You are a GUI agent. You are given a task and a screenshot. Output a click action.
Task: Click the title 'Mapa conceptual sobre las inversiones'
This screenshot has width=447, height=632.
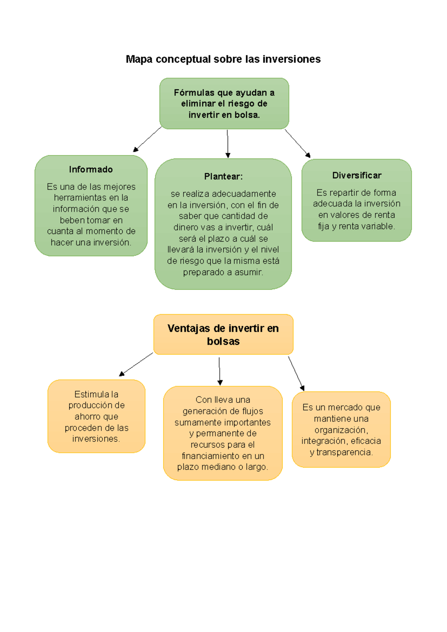[223, 59]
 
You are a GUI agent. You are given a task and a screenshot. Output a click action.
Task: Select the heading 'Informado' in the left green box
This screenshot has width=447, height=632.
[91, 170]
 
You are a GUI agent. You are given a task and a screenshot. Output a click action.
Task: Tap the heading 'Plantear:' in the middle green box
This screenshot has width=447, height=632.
[223, 177]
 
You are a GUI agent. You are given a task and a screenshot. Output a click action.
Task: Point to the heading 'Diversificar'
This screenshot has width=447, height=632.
[357, 176]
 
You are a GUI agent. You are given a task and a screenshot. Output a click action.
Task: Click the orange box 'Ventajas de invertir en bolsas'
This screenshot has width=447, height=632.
[223, 334]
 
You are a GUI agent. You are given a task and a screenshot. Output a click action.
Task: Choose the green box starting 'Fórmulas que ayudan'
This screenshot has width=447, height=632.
[224, 104]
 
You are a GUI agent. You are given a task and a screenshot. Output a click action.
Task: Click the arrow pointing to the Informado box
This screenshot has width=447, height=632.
[148, 139]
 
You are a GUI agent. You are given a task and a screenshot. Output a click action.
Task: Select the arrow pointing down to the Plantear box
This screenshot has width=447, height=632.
[228, 144]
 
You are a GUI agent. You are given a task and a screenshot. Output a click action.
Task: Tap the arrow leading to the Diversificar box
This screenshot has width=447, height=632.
[298, 143]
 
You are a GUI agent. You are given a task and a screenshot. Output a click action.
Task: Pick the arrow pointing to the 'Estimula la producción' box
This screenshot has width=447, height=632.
[136, 364]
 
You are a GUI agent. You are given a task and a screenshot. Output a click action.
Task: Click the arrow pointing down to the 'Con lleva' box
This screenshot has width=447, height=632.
[220, 371]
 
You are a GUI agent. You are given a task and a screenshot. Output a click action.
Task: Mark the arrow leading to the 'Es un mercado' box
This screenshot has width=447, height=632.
[296, 373]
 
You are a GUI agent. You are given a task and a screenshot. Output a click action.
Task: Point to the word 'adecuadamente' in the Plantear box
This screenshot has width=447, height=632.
[244, 194]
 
